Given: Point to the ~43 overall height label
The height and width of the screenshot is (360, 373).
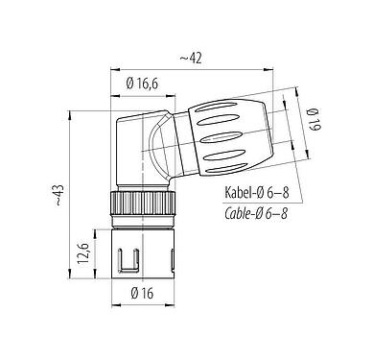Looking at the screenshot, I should click(59, 198).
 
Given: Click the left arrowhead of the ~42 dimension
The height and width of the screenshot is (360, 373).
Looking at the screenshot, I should click(117, 68).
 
